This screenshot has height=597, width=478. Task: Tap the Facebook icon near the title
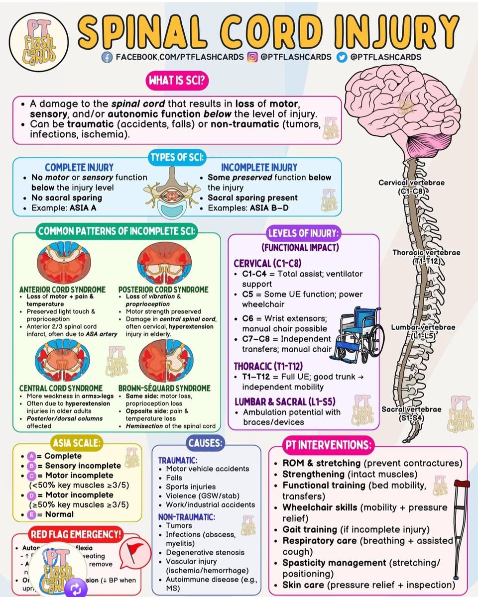[107, 57]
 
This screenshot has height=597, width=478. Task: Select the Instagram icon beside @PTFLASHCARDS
[253, 57]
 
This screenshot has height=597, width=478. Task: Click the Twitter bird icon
[342, 57]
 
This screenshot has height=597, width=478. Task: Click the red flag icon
[134, 550]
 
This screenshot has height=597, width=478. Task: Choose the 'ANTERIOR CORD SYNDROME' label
[62, 290]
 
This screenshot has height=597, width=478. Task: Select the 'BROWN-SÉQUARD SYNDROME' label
[164, 388]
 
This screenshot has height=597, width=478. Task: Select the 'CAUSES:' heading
[206, 441]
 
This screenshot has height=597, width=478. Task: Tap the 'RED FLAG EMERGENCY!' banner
[77, 535]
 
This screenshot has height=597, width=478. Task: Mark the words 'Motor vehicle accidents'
[207, 469]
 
